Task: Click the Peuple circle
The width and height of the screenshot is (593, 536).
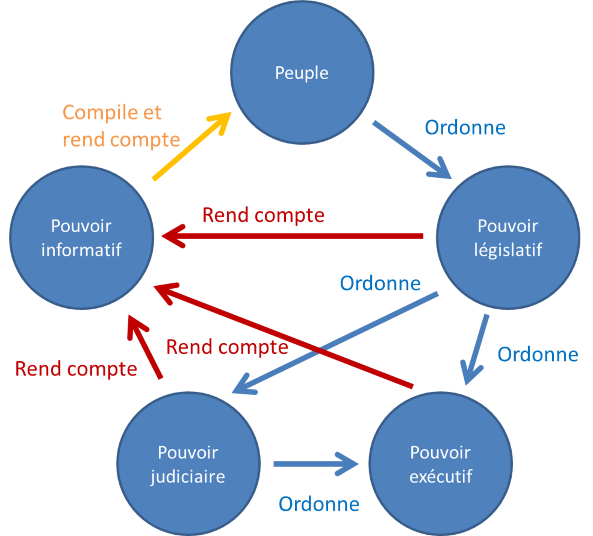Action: point(302,72)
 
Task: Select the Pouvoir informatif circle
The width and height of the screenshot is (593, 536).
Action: point(81,238)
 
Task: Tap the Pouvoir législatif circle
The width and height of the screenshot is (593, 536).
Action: point(508,238)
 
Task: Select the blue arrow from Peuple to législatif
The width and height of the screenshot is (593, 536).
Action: point(412,150)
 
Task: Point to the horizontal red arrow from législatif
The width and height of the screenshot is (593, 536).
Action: point(292,236)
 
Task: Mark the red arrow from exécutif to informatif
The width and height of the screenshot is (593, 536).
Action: point(284,335)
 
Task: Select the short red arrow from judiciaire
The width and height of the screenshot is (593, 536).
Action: point(145,347)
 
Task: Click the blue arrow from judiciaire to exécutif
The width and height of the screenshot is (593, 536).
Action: point(316,464)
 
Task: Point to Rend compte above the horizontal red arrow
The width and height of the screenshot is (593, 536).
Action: point(264,215)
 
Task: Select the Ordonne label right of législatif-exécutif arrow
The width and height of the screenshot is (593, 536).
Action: point(538,354)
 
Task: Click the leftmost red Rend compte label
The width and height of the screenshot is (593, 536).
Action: point(76,369)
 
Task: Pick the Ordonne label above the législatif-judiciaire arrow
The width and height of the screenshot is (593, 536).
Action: point(380,283)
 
